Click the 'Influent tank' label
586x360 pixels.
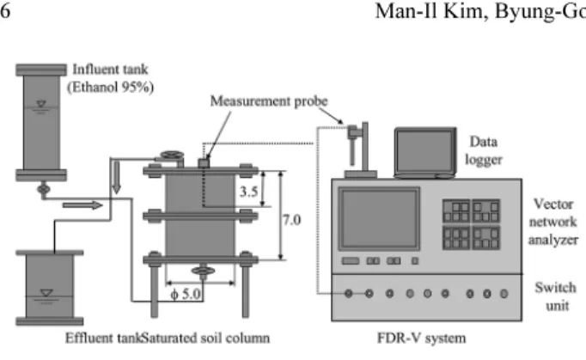(x=110, y=69)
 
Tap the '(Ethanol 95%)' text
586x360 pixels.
(x=110, y=87)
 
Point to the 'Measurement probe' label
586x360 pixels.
(x=269, y=101)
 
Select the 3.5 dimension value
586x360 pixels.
(x=248, y=192)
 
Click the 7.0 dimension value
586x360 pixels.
(x=291, y=220)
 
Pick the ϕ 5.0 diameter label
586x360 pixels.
(x=186, y=294)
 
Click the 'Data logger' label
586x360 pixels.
(x=483, y=150)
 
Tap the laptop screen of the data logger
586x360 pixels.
(x=425, y=151)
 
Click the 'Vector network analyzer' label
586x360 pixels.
(x=553, y=222)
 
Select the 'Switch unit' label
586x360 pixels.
(x=555, y=296)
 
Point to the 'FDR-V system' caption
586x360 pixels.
(x=422, y=338)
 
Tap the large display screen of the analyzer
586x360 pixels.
(x=379, y=219)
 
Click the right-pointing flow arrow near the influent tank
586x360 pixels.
(x=82, y=205)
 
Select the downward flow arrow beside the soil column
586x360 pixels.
(x=117, y=178)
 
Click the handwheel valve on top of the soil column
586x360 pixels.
(x=172, y=156)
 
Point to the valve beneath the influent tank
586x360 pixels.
(x=44, y=189)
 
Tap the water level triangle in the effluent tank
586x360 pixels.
(x=46, y=293)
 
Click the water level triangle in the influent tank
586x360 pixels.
(x=41, y=104)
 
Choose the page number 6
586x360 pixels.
(x=4, y=11)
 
